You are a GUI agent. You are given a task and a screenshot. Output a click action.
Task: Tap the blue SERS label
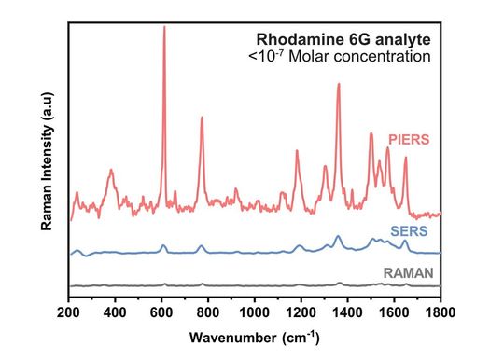(407, 230)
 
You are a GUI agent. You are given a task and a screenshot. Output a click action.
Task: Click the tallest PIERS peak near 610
(164, 27)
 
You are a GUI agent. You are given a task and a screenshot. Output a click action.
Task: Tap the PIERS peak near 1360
(338, 85)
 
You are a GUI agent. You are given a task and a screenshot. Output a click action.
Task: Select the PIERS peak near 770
(202, 118)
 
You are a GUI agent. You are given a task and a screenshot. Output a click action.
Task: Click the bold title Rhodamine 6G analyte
(343, 39)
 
